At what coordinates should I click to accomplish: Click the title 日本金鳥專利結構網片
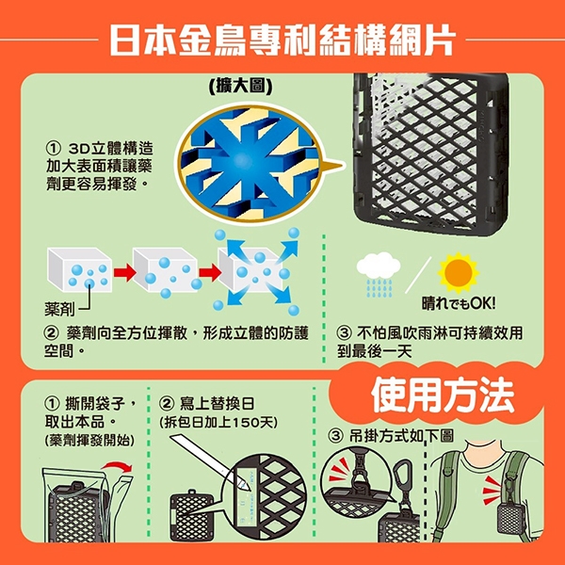point(282,40)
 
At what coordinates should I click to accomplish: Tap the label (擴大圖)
point(241,86)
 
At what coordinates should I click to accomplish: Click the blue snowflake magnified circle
point(249,164)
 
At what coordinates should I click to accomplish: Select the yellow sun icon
point(459,273)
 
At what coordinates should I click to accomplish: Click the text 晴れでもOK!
point(459,304)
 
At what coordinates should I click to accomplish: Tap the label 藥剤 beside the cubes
point(59,309)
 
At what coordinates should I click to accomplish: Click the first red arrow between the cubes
point(124,273)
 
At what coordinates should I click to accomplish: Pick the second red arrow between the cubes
point(210,273)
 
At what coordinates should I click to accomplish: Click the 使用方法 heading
point(443,395)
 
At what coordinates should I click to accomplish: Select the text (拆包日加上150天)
point(218,422)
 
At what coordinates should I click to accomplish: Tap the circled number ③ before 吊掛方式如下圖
point(335,436)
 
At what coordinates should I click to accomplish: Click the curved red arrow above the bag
point(117,465)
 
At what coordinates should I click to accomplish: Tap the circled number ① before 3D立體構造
point(53,148)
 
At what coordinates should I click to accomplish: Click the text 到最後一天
point(374,351)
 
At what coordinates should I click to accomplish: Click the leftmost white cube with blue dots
point(79,270)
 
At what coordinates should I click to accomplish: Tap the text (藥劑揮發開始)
point(89,440)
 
